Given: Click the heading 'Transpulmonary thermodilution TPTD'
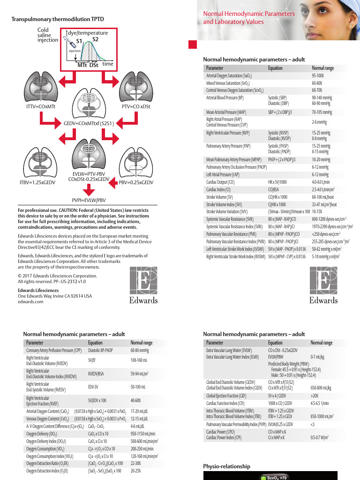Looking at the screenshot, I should coord(58,19).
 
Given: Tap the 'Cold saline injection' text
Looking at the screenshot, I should coord(47,35).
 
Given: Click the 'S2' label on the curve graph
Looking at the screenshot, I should coord(95,39).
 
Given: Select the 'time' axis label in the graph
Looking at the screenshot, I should coord(108,63).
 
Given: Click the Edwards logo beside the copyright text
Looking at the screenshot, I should coord(143,287).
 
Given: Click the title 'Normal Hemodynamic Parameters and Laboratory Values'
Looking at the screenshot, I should coord(248,18).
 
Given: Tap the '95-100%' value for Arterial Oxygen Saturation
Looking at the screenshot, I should coord(318,75).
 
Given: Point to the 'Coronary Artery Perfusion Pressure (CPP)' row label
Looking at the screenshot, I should coord(54,350).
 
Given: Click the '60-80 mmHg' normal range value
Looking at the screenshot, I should coord(140,350).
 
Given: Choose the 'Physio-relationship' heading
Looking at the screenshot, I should coord(226,466).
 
